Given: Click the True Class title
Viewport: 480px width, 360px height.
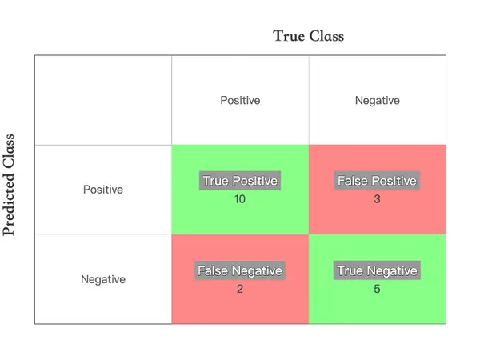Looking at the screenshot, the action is coord(308,36).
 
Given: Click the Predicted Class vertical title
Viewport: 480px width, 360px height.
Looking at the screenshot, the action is coord(9,185).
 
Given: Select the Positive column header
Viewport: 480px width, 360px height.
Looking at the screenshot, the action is coord(240,101).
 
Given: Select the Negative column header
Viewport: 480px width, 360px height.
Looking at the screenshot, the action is coord(378,101).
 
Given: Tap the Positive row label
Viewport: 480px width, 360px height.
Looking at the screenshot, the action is coord(103,190).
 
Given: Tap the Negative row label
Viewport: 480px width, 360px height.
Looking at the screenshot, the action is coord(103,279).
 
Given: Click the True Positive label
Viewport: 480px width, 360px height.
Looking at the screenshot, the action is coord(240,181).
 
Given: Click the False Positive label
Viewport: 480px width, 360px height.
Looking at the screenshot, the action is coord(377,181).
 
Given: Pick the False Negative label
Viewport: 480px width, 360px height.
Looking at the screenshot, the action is coord(240,270).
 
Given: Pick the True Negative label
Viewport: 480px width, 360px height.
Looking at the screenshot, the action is coord(377,270).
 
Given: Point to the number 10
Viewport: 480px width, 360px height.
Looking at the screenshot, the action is coord(240,199).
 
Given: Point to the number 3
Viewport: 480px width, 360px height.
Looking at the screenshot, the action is coord(377,199).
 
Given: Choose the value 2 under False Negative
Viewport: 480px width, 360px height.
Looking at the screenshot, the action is coord(240,289).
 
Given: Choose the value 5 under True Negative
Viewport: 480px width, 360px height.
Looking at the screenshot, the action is coord(377,289).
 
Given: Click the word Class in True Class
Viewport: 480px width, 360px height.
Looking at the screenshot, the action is coord(326,36).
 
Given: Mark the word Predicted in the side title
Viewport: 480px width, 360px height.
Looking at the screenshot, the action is coord(9,205).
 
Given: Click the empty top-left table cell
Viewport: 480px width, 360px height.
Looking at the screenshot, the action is coord(103,100).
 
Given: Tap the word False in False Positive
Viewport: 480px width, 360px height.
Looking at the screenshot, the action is coord(353,181).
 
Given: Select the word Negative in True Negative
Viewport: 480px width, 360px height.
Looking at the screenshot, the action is coord(392,271).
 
